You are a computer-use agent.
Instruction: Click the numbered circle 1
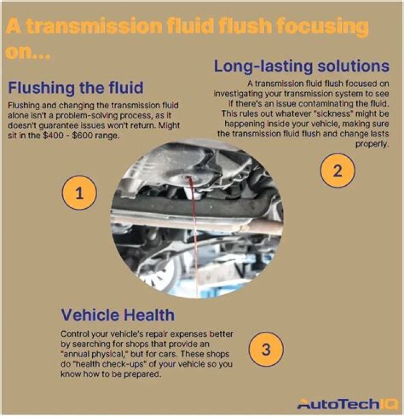point(79,194)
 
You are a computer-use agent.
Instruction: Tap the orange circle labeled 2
point(337,171)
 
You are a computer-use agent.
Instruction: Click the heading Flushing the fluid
point(76,88)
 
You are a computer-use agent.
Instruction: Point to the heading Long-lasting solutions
point(301,66)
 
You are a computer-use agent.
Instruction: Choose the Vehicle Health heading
point(118,314)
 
